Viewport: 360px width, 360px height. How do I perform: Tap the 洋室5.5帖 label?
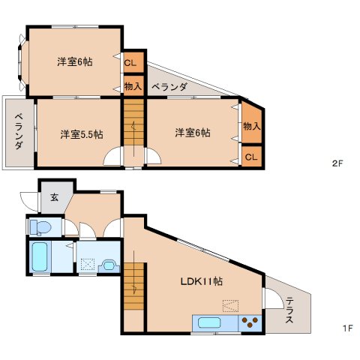point(82,134)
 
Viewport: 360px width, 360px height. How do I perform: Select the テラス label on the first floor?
point(289,310)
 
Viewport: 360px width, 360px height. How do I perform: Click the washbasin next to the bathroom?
point(109,265)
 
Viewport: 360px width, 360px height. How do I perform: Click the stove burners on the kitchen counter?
point(250,323)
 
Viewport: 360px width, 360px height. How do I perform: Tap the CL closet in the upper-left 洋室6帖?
point(130,63)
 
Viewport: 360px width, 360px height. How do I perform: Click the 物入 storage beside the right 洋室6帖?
point(251,125)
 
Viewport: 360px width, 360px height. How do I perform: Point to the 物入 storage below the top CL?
point(133,86)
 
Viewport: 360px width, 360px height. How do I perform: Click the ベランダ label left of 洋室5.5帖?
point(19,130)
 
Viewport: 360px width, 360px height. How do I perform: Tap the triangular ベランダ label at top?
point(169,87)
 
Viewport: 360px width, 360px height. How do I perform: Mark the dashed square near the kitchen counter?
point(231,305)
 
